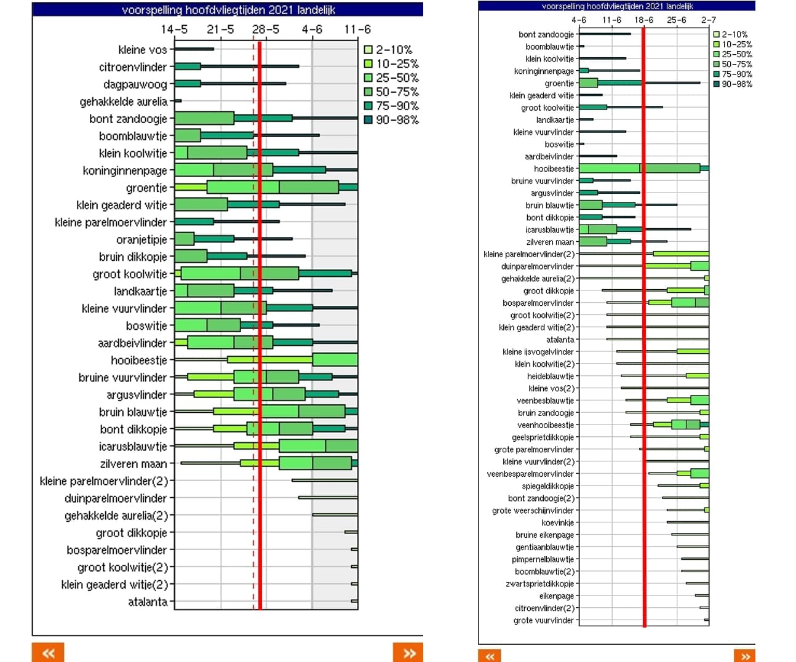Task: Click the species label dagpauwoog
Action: tap(135, 84)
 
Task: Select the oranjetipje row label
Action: tap(141, 239)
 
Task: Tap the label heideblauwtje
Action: tap(550, 376)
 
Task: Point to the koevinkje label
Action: tap(557, 522)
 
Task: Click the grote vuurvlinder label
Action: tap(543, 620)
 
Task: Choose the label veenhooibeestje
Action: tap(545, 425)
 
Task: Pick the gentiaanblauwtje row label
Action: tap(544, 547)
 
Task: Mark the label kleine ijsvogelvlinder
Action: tap(538, 352)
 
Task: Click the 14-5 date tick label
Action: tap(174, 30)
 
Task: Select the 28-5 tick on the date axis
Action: tap(266, 30)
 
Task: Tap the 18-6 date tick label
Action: tap(643, 20)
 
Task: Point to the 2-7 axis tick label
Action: tap(708, 20)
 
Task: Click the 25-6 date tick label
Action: tap(676, 20)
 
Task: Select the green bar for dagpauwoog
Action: tap(188, 84)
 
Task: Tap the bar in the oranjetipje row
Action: tap(185, 239)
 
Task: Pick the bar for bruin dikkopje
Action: tap(191, 256)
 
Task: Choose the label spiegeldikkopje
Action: tap(547, 486)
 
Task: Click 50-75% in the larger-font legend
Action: tap(397, 92)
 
